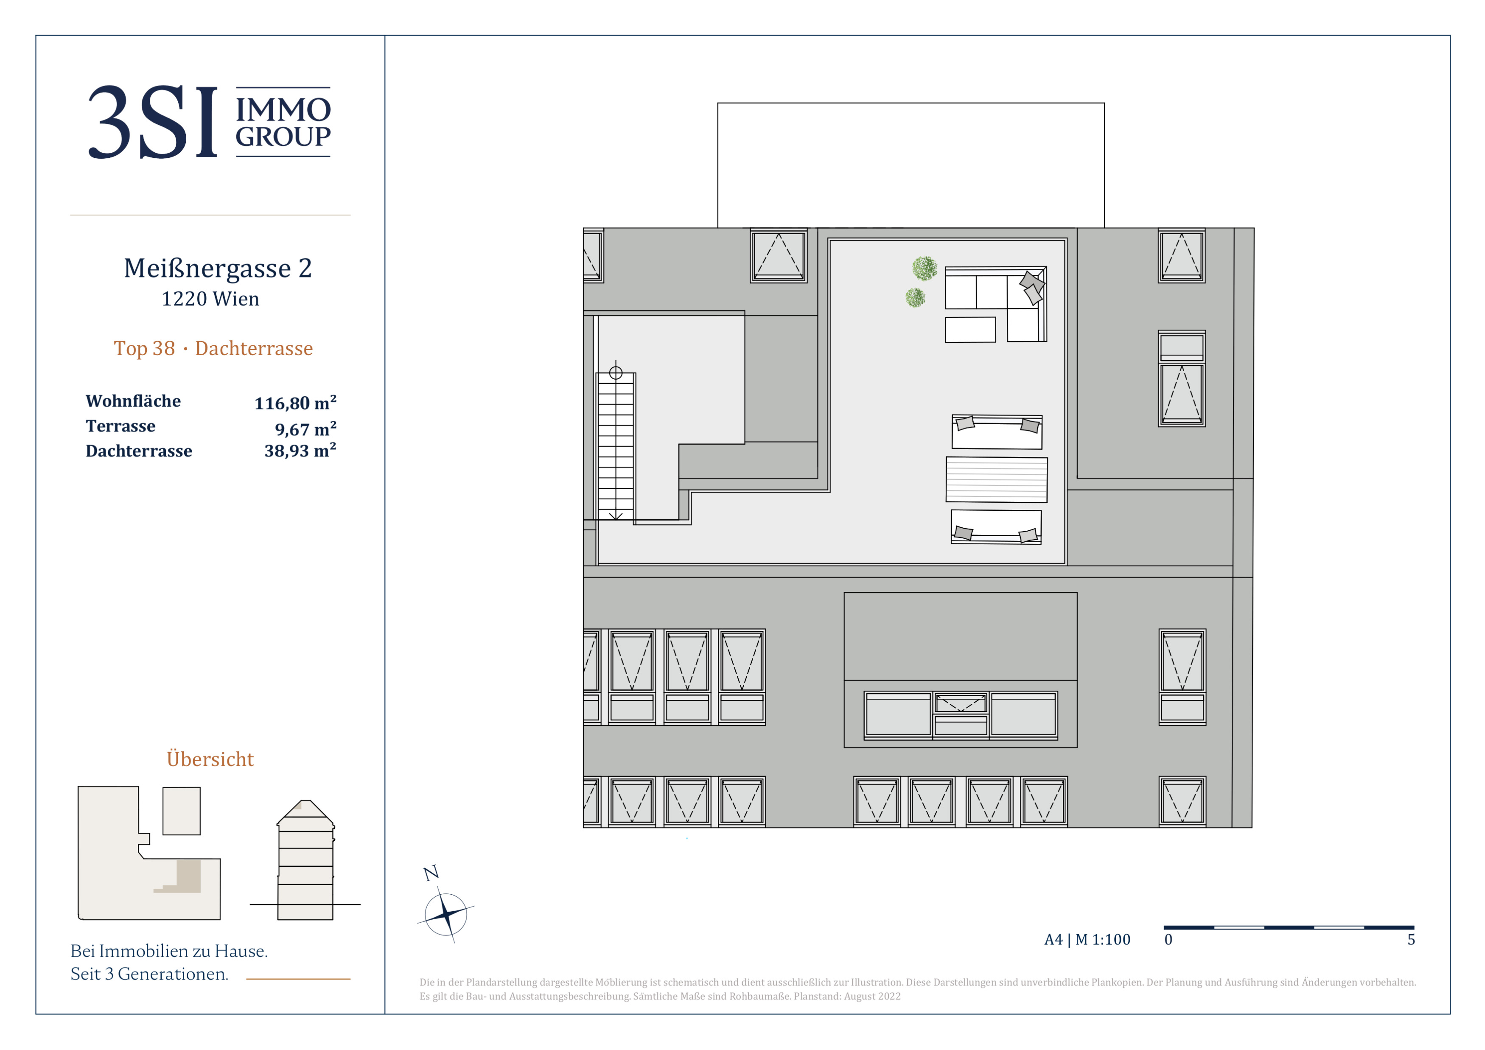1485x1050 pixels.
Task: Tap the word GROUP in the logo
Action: click(x=283, y=137)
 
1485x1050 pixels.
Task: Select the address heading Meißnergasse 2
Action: click(x=218, y=268)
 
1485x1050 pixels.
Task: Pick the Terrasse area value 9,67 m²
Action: click(x=305, y=428)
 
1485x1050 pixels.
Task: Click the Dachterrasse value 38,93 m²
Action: click(x=300, y=450)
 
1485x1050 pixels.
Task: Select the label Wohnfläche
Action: click(x=133, y=401)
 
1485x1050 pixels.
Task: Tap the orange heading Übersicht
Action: click(x=210, y=759)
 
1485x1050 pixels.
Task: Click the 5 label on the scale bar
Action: click(x=1411, y=939)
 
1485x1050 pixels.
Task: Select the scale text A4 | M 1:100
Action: click(x=1087, y=939)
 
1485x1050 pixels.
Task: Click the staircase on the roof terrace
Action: click(x=616, y=446)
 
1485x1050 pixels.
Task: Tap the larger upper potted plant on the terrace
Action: click(x=925, y=268)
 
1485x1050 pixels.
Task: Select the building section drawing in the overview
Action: click(x=305, y=860)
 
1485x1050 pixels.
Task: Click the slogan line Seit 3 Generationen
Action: click(x=149, y=974)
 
